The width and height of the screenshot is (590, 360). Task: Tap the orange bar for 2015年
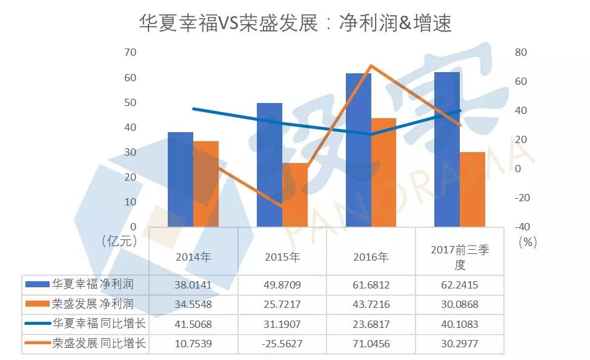coord(295,195)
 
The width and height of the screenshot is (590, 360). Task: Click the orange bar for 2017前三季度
coord(472,189)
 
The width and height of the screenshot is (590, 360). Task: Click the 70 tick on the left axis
coord(130,53)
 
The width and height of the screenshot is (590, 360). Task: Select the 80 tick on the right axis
coord(521,53)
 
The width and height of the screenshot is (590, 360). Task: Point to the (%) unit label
coord(528,242)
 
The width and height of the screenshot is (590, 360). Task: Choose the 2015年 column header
coord(282,256)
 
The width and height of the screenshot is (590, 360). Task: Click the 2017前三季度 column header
coord(460,256)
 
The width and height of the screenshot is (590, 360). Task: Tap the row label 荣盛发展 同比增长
coord(99,343)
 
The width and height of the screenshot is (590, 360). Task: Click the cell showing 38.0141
coord(193,284)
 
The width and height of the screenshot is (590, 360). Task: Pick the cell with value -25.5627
coord(282,344)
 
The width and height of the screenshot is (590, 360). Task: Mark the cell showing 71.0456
coord(371,344)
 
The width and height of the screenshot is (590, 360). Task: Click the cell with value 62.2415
coord(460,284)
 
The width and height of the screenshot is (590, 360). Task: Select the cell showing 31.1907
coord(282,324)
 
